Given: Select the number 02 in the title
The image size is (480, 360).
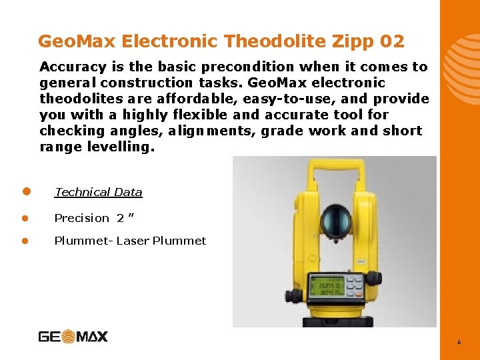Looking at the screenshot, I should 392,41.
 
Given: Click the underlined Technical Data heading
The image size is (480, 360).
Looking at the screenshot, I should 98,192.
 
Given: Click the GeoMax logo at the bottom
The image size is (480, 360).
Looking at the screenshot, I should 73,336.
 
